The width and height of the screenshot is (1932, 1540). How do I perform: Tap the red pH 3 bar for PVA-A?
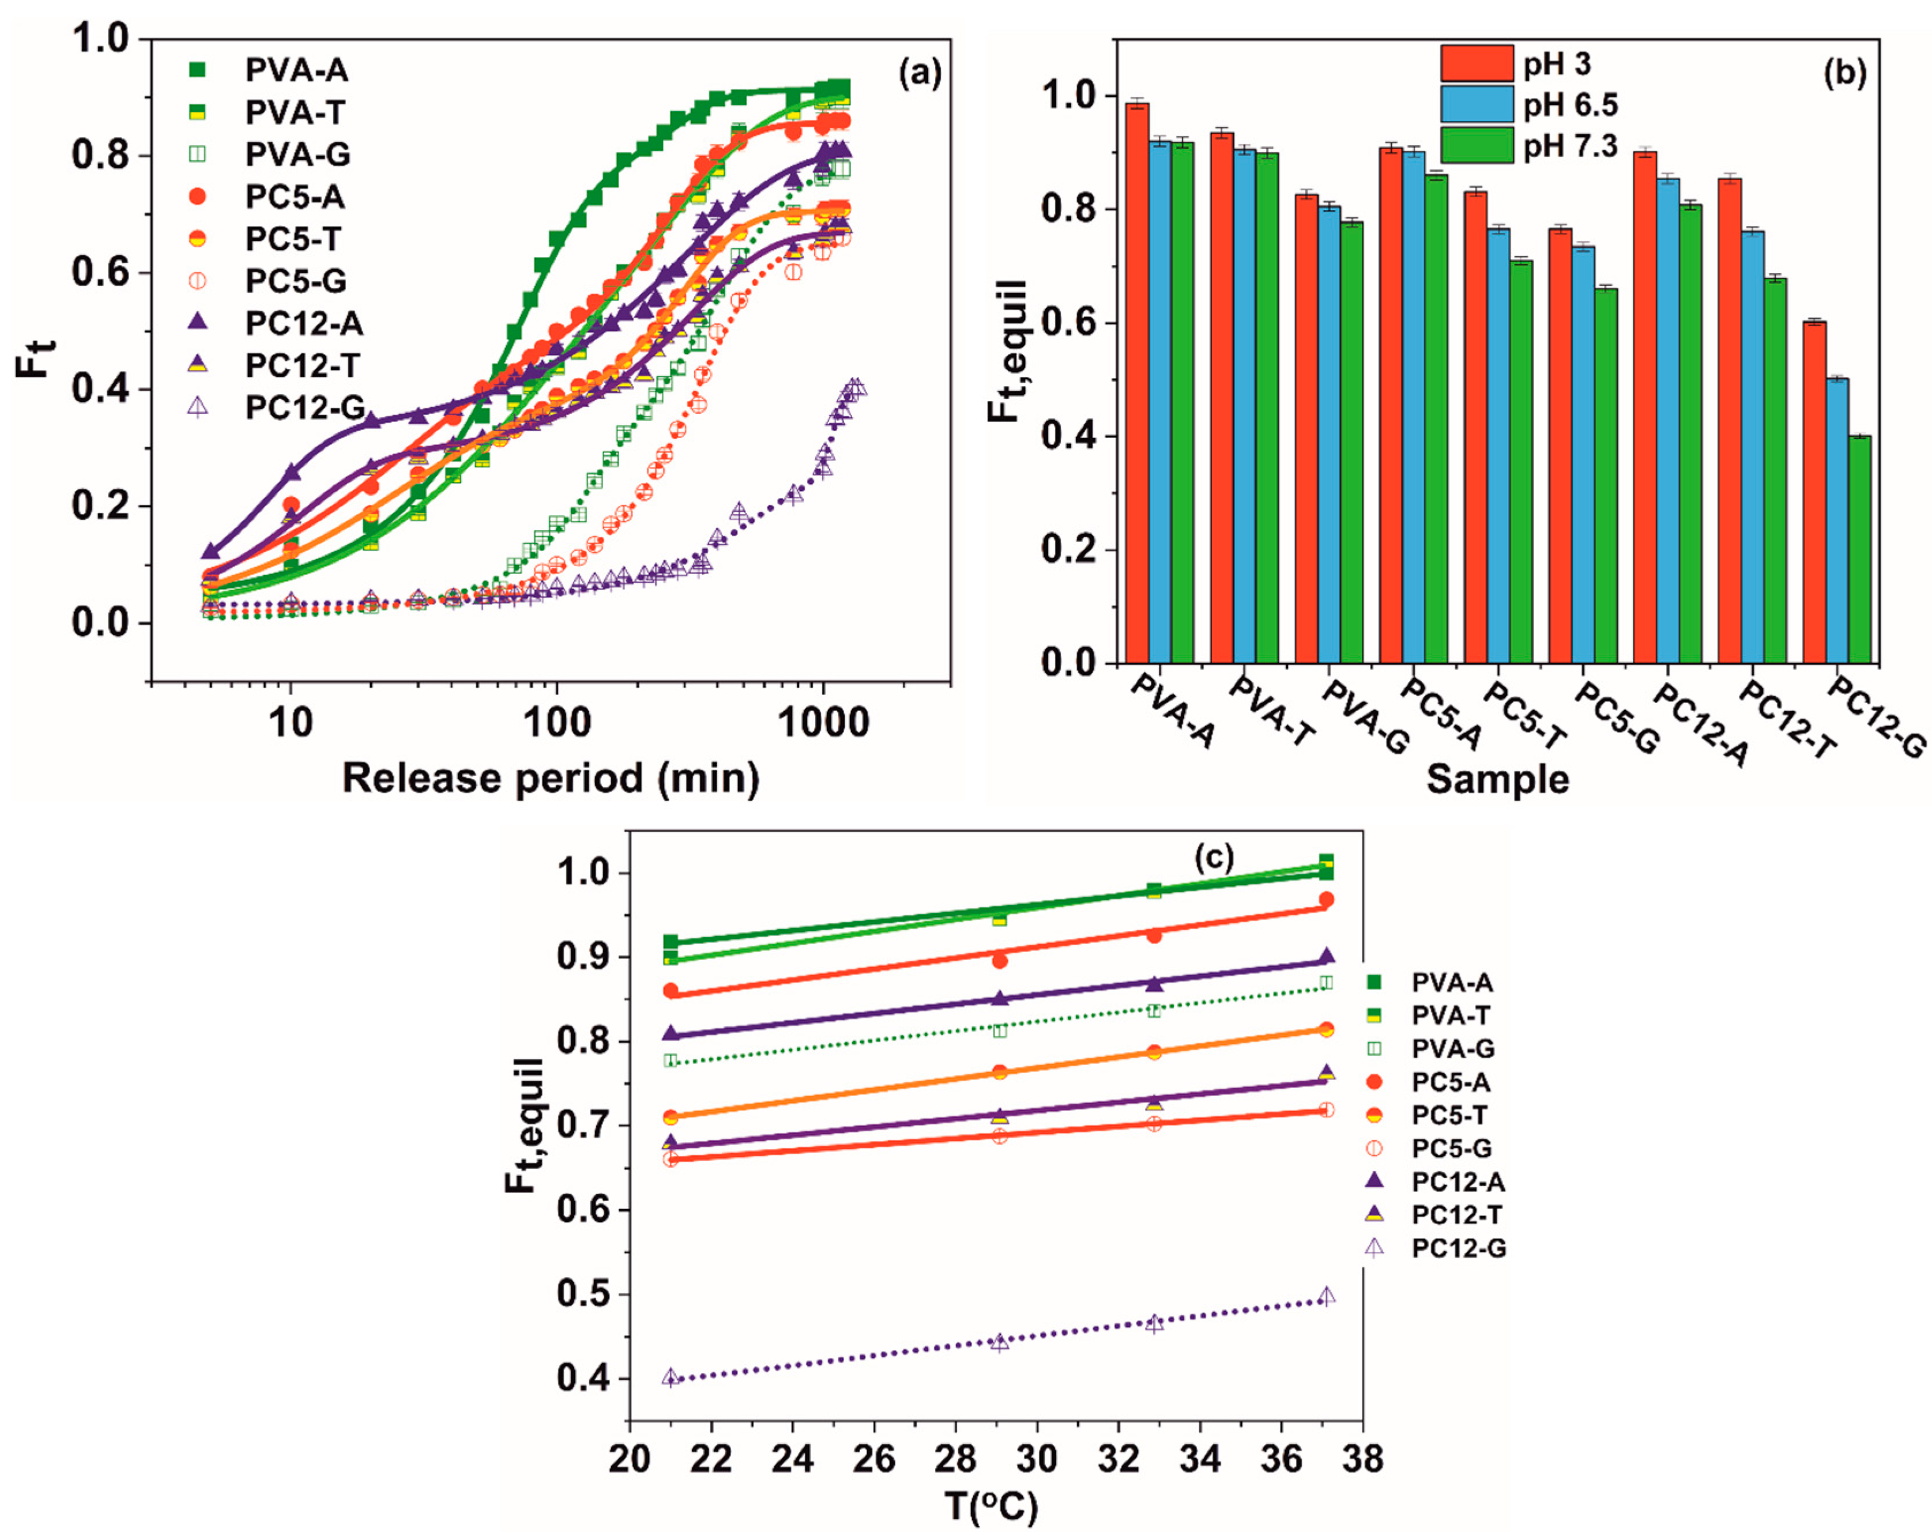tap(1137, 385)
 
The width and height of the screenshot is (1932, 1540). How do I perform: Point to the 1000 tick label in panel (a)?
tap(823, 722)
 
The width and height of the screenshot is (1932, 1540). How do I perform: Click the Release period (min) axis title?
tap(550, 777)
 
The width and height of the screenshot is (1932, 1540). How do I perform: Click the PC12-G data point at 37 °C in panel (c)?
tap(1327, 1296)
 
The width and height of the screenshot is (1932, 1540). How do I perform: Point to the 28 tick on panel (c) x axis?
tap(955, 1459)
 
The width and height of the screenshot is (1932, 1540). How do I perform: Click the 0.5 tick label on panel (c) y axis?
tap(582, 1294)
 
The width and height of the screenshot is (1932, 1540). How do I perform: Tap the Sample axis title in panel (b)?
tap(1497, 779)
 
